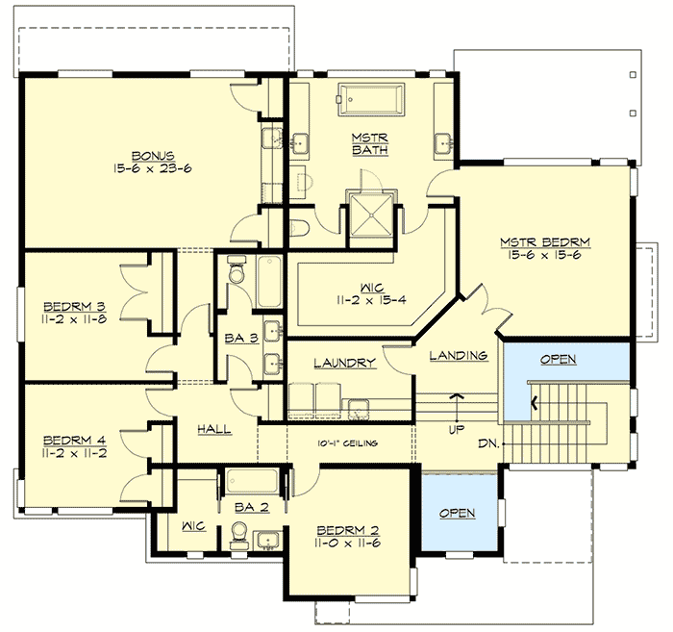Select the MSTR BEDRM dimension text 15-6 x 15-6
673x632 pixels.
pyautogui.click(x=544, y=256)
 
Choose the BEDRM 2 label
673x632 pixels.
pyautogui.click(x=349, y=530)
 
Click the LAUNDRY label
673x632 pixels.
pyautogui.click(x=343, y=363)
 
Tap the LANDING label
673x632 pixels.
pyautogui.click(x=459, y=356)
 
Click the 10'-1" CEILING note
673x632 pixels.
pyautogui.click(x=348, y=443)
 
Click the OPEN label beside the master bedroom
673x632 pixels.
pyautogui.click(x=558, y=359)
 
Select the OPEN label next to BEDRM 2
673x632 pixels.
pyautogui.click(x=457, y=513)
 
